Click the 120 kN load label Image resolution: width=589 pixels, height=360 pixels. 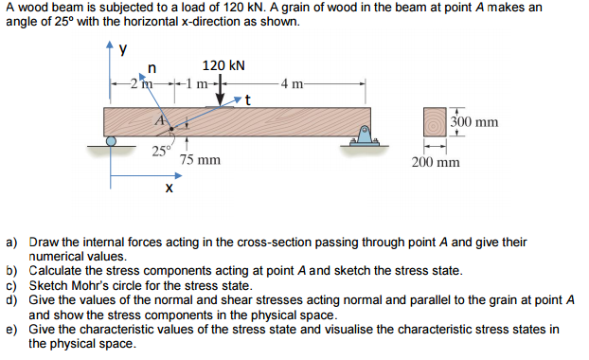[x=223, y=65]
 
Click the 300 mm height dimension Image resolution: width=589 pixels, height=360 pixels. [x=474, y=122]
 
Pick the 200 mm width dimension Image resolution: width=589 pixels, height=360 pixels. [x=436, y=162]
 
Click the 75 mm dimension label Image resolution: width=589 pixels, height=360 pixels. [x=200, y=161]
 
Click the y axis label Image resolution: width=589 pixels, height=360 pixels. [x=122, y=52]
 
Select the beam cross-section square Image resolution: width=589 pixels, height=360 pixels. [x=437, y=123]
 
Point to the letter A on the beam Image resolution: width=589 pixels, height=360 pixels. [x=162, y=119]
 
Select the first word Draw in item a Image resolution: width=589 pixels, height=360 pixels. [x=45, y=243]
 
